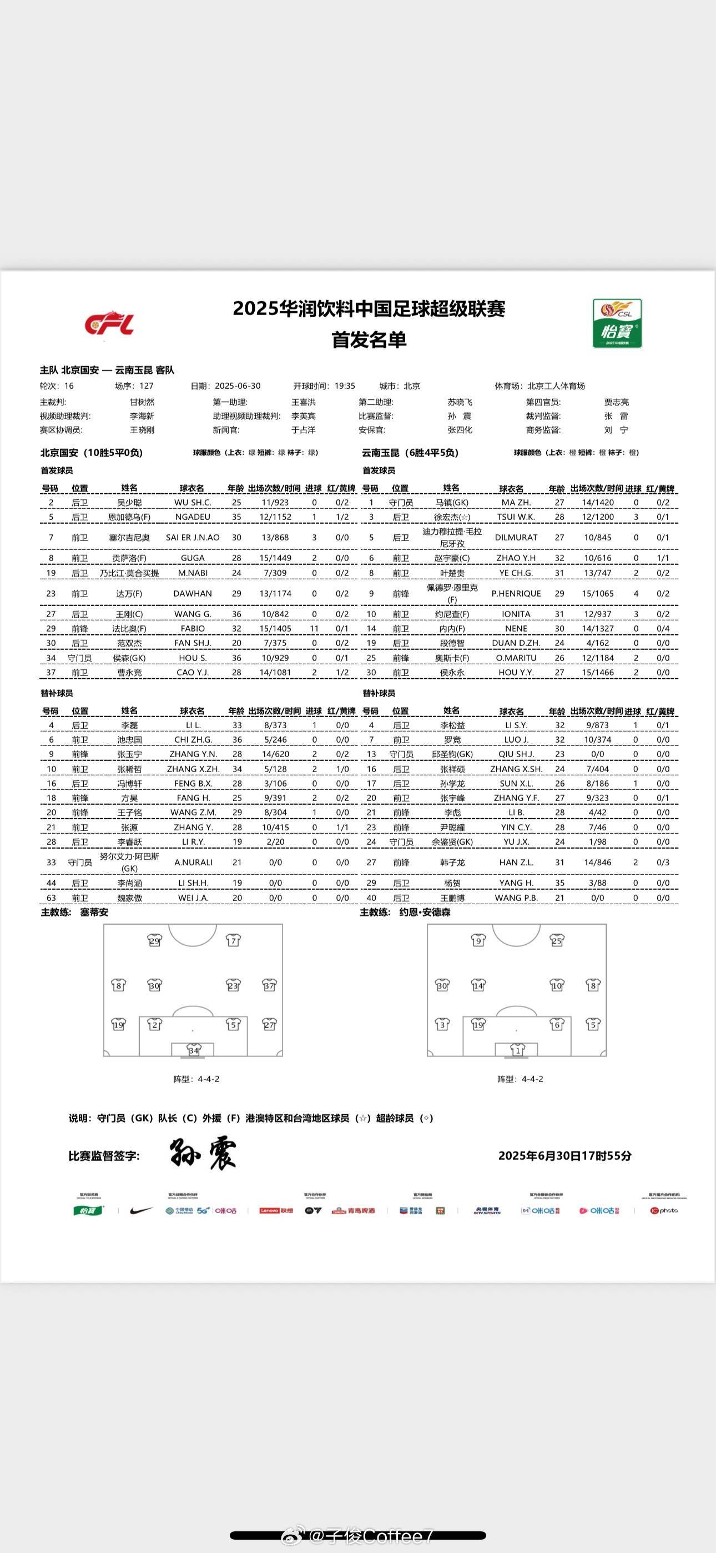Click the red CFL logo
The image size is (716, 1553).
point(109,324)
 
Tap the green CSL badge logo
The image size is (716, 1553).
point(617,323)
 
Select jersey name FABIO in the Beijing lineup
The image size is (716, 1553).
point(192,628)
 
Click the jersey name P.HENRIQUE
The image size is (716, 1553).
point(516,593)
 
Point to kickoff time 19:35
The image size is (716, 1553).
point(345,386)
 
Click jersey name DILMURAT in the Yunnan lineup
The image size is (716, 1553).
point(516,537)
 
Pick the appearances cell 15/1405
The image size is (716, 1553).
point(275,628)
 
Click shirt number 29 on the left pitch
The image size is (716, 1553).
point(154,940)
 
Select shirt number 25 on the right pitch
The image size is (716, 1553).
point(556,940)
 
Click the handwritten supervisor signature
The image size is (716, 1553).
point(203,1155)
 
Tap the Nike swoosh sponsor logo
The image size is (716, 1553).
point(141,1210)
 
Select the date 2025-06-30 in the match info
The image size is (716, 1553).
point(238,386)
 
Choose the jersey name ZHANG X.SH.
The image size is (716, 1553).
point(516,769)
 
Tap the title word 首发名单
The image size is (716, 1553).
point(369,339)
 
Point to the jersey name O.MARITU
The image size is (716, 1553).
point(516,658)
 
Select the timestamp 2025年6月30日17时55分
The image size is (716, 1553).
point(564,1156)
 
